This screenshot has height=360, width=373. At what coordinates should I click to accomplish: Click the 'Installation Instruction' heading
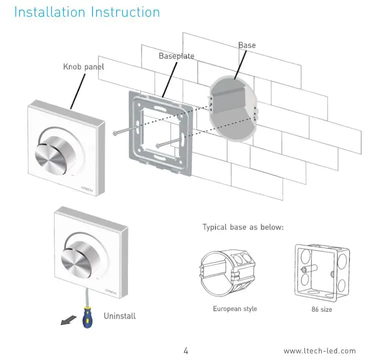(x=87, y=12)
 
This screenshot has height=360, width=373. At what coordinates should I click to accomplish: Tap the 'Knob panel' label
(x=83, y=67)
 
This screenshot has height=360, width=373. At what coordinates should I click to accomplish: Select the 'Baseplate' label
(x=176, y=56)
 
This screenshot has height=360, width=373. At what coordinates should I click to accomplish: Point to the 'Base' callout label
(x=247, y=45)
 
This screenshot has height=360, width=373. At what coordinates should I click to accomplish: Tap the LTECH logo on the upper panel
(x=87, y=189)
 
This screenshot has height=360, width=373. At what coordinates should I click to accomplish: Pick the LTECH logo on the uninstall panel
(x=111, y=291)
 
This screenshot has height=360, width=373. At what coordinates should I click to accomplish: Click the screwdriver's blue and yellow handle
(x=88, y=318)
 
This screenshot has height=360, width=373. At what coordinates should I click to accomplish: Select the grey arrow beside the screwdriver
(x=68, y=320)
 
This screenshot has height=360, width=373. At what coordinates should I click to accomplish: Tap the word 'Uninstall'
(x=120, y=316)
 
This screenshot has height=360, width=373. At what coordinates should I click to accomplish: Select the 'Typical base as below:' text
(x=243, y=227)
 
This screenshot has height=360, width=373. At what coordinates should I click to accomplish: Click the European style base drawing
(x=227, y=273)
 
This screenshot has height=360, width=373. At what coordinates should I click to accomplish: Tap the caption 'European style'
(x=235, y=309)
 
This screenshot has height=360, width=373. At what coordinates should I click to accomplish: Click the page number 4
(x=186, y=350)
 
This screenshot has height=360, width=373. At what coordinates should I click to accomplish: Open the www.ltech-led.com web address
(x=319, y=351)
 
